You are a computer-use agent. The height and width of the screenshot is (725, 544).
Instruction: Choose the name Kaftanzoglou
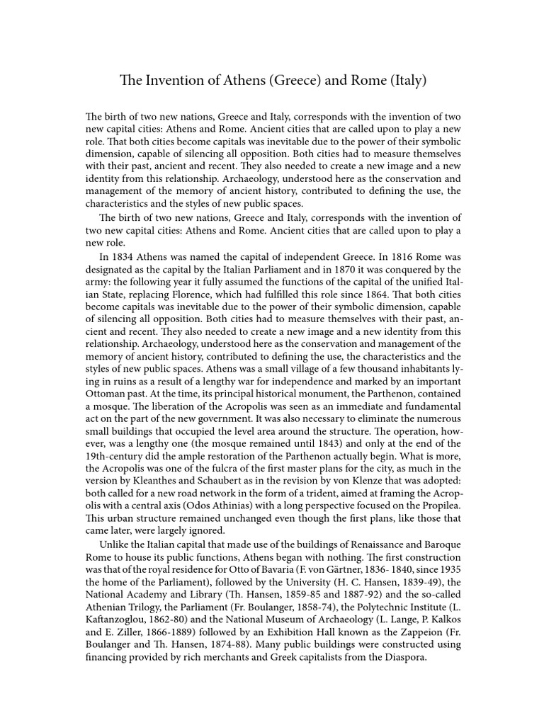pyautogui.click(x=120, y=619)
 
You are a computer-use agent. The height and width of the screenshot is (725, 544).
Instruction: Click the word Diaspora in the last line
pyautogui.click(x=404, y=656)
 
